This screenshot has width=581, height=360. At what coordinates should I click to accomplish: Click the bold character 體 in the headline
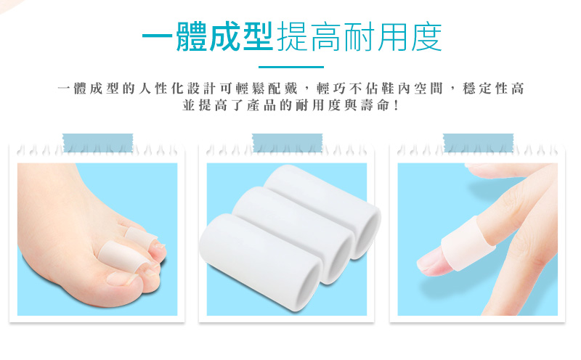pyautogui.click(x=191, y=36)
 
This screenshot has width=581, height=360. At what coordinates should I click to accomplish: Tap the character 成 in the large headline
pyautogui.click(x=224, y=36)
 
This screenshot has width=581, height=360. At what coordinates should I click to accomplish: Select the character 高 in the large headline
pyautogui.click(x=325, y=36)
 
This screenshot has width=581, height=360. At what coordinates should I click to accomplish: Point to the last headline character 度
pyautogui.click(x=426, y=36)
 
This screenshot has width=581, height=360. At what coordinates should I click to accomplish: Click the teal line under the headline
pyautogui.click(x=291, y=67)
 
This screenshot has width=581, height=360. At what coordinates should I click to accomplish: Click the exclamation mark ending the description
pyautogui.click(x=397, y=105)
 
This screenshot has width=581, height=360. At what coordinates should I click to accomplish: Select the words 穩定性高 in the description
pyautogui.click(x=493, y=89)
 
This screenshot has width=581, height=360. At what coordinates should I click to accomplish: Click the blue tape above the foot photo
pyautogui.click(x=98, y=142)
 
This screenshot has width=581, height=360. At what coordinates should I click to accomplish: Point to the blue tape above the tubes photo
pyautogui.click(x=287, y=142)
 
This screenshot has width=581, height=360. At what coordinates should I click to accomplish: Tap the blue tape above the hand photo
pyautogui.click(x=478, y=142)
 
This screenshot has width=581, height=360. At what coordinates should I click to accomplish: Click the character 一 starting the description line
pyautogui.click(x=64, y=89)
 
